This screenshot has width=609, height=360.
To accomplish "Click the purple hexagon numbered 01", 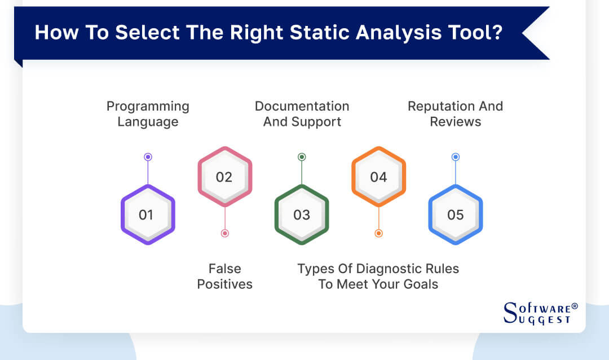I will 148,214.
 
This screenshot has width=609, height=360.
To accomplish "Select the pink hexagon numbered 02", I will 224,177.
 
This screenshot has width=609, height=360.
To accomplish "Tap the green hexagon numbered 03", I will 302,214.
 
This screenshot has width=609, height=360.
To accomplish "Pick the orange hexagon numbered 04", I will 378,177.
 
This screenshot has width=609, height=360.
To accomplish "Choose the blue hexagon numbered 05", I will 455,214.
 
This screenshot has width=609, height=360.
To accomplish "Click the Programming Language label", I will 148,113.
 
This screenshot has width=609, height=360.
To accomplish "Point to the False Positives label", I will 224,276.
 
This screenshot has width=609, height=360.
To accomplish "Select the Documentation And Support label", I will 302,113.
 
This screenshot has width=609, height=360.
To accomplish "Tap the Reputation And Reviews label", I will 455,113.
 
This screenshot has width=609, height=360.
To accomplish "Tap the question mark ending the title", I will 497,32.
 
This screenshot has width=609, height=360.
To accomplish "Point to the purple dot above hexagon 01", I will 148,157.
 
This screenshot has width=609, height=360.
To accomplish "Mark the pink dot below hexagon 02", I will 224,233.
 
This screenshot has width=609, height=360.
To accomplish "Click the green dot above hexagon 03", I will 302,157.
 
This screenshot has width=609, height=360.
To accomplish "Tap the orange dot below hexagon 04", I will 378,233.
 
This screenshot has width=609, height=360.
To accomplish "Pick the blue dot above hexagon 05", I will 455,157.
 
